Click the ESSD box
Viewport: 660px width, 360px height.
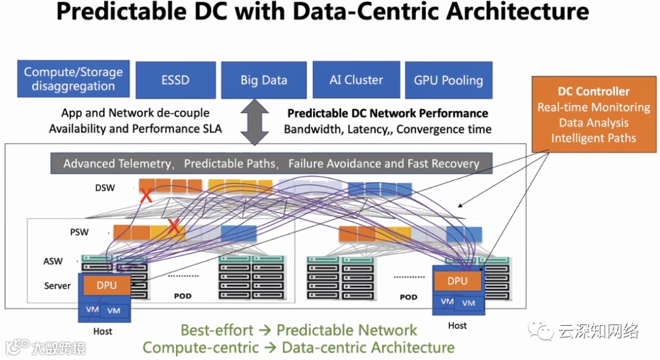click(175, 79)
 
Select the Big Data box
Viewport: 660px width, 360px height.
click(263, 79)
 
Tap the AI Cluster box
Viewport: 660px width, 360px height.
click(356, 79)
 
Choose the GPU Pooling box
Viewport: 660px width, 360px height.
click(448, 80)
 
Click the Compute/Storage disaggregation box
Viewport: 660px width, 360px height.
click(73, 79)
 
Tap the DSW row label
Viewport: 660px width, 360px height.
click(105, 188)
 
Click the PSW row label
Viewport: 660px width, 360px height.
click(79, 232)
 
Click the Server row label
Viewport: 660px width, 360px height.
click(57, 285)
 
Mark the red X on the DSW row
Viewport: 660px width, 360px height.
click(146, 197)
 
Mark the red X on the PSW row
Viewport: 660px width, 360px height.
click(175, 227)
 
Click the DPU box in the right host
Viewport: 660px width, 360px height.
click(457, 281)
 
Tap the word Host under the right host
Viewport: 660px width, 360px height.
click(457, 325)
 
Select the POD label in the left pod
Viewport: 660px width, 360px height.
click(182, 296)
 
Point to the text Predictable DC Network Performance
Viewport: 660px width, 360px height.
click(387, 113)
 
